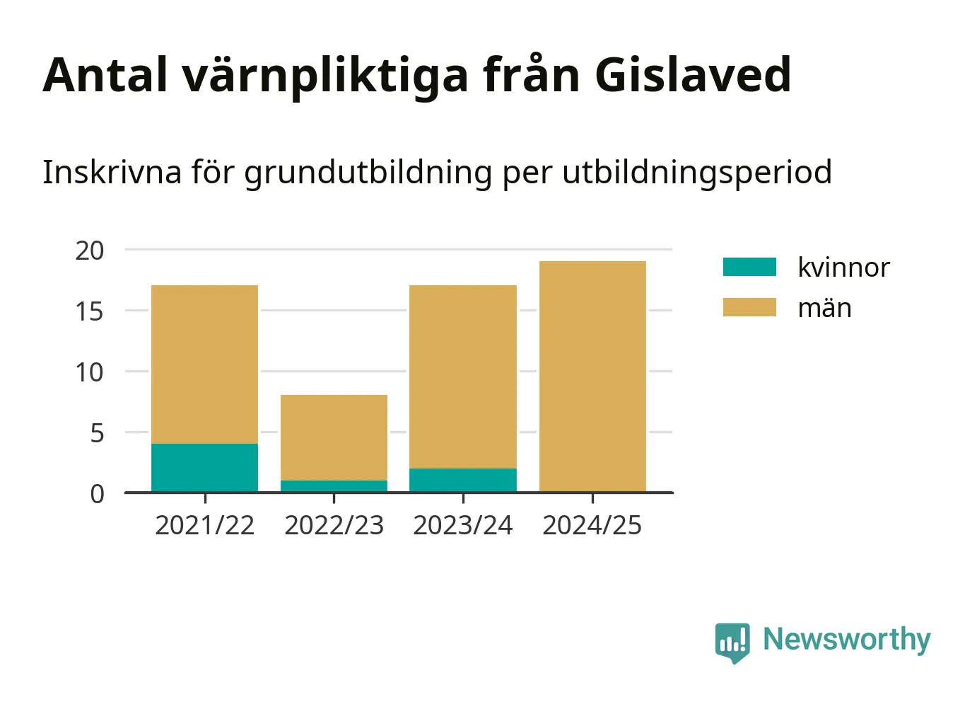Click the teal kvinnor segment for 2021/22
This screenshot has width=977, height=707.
[x=204, y=468]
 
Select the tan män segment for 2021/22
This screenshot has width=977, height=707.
[x=204, y=364]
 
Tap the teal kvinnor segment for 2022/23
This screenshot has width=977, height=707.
[x=334, y=486]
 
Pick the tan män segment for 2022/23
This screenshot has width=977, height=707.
[x=334, y=437]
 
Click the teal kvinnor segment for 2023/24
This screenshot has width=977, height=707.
[x=463, y=480]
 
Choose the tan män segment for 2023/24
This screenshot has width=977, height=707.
[x=463, y=377]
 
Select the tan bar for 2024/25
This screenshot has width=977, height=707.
[x=592, y=377]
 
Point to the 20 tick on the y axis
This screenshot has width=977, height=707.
[x=90, y=251]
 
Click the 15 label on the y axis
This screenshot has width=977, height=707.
[x=90, y=311]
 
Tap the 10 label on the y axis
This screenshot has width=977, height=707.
[x=90, y=372]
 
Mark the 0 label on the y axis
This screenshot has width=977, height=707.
[x=98, y=494]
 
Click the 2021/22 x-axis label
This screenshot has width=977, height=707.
[x=204, y=525]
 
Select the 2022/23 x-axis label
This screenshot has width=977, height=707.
[x=334, y=525]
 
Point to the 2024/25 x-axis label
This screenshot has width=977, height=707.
[x=592, y=525]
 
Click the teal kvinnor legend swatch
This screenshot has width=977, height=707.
[x=750, y=267]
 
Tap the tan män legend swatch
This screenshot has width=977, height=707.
[x=750, y=307]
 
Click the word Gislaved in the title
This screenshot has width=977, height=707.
[x=693, y=75]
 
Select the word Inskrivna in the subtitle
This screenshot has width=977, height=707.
[x=112, y=172]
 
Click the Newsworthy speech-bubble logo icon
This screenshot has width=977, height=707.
[x=732, y=643]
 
